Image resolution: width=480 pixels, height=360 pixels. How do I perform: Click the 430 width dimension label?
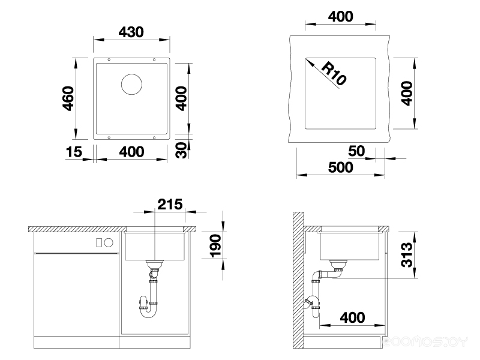[x=131, y=32]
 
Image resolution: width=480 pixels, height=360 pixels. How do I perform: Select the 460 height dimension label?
[x=68, y=98]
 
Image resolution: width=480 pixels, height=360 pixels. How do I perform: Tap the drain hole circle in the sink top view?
[x=131, y=84]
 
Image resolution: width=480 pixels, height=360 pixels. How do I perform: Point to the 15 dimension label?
[x=74, y=152]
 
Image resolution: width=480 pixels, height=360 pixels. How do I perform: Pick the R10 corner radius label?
[x=334, y=73]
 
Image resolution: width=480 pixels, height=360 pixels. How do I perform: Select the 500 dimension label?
[x=340, y=167]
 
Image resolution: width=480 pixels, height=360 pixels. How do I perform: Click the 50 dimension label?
[x=356, y=151]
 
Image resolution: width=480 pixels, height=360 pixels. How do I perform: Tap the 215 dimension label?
[x=170, y=204]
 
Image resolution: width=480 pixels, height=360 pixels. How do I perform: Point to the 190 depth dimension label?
[x=216, y=245]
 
